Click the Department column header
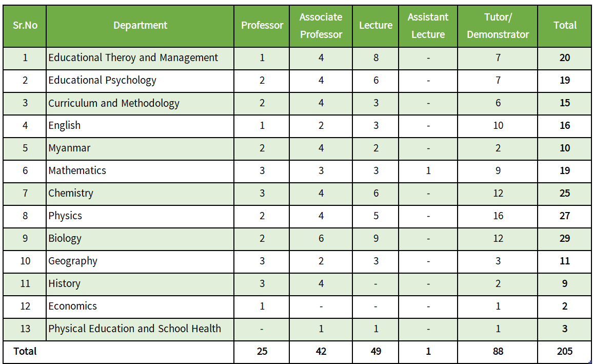point(141,25)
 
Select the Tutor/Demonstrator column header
point(498,26)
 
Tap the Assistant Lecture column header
point(428,26)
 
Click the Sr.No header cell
point(25,25)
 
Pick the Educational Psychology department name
point(102,81)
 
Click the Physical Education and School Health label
point(134,329)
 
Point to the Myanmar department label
point(69,148)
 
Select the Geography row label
point(73,261)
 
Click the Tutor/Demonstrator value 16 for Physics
point(498,216)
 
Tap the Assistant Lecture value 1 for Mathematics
point(428,170)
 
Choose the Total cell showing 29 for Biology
point(565,238)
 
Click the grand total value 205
point(565,352)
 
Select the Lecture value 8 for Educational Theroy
point(376,58)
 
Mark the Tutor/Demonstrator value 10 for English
point(498,126)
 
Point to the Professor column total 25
point(262,352)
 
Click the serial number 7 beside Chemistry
point(25,194)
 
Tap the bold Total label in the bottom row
point(25,352)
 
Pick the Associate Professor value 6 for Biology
point(321,238)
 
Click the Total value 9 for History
point(565,284)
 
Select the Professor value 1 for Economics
point(262,306)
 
